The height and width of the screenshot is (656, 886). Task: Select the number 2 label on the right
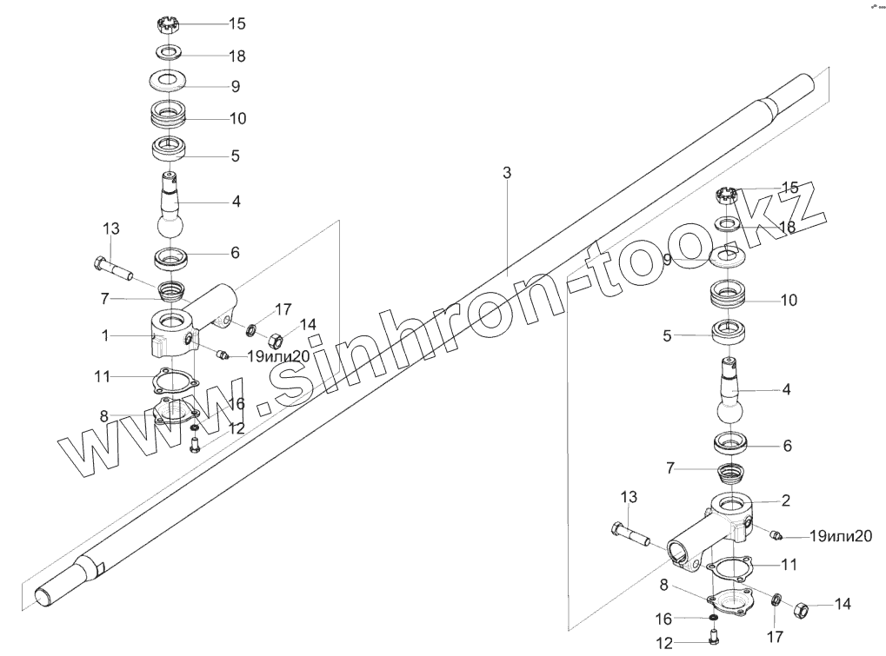[785, 500]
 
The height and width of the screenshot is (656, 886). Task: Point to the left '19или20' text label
[278, 355]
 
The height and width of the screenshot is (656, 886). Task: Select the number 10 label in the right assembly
[788, 301]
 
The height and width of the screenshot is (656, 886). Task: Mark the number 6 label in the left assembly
[235, 253]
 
